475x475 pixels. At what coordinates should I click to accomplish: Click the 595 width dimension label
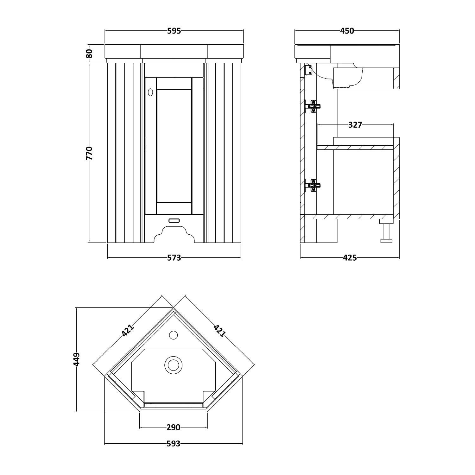click(x=174, y=31)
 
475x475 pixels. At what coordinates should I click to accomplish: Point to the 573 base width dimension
click(x=174, y=258)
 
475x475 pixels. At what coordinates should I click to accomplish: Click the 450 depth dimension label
click(x=347, y=31)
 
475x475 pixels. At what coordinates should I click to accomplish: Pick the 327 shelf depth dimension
click(x=355, y=125)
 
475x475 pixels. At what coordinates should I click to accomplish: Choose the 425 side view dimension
click(x=350, y=258)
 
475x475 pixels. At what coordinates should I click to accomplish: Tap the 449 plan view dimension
click(x=76, y=359)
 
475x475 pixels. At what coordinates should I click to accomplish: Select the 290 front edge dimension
click(x=173, y=427)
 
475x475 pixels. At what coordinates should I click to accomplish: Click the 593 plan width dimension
click(x=173, y=444)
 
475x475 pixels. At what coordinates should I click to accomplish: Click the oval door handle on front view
click(x=150, y=92)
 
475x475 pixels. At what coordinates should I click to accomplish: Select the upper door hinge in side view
click(x=313, y=106)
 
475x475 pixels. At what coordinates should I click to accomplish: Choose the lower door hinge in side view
click(x=313, y=185)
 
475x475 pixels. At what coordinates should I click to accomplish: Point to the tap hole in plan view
click(x=173, y=334)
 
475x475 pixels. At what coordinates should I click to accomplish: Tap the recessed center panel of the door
click(x=174, y=146)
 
